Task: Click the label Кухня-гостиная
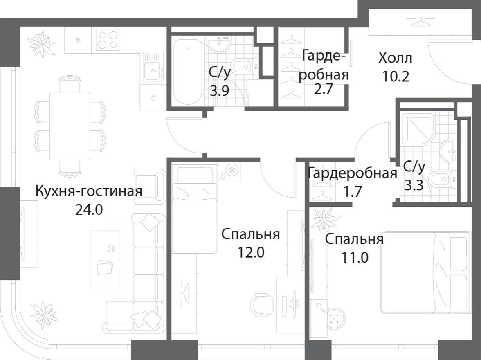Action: tap(89, 191)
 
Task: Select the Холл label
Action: tap(395, 58)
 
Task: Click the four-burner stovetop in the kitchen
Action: tap(108, 40)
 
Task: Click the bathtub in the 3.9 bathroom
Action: tap(188, 71)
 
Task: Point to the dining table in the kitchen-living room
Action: tap(70, 126)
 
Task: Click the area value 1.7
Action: tap(352, 191)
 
